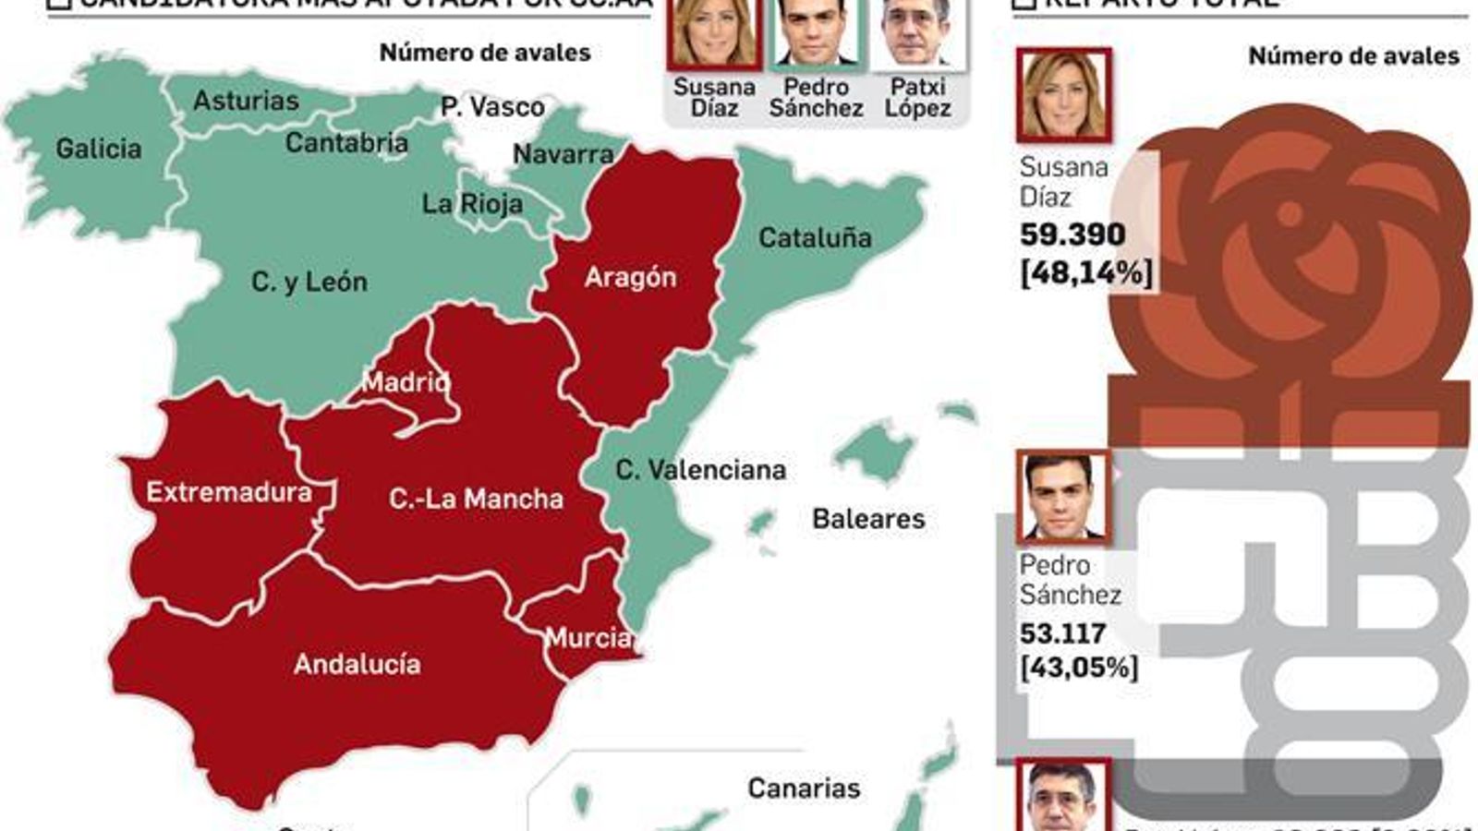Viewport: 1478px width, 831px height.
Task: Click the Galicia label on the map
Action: point(99,149)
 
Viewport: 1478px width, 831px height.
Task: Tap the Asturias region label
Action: point(246,101)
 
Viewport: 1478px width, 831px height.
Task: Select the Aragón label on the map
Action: point(630,277)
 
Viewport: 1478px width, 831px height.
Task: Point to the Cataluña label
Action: point(815,238)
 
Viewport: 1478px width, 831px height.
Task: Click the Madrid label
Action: point(406,381)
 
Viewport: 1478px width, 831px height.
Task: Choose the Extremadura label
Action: point(229,492)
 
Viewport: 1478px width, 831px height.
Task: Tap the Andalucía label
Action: point(357,664)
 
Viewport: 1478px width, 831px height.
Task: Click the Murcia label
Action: point(588,637)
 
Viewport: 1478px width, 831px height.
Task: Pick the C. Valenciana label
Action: point(700,470)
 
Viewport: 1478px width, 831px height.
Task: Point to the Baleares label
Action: point(868,519)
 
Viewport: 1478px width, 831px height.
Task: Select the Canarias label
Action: point(804,789)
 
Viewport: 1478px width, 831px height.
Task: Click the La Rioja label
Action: point(472,204)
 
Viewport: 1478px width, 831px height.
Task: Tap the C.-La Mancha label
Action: point(476,499)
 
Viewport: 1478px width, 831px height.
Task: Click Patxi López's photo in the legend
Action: point(918,33)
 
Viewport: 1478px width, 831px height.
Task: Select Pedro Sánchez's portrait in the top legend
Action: point(816,33)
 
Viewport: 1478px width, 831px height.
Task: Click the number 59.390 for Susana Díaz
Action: point(1072,235)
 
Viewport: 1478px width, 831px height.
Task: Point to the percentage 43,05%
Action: point(1079,668)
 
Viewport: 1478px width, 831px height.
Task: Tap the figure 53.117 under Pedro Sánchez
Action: point(1063,633)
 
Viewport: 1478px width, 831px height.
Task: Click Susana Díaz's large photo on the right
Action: point(1063,96)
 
